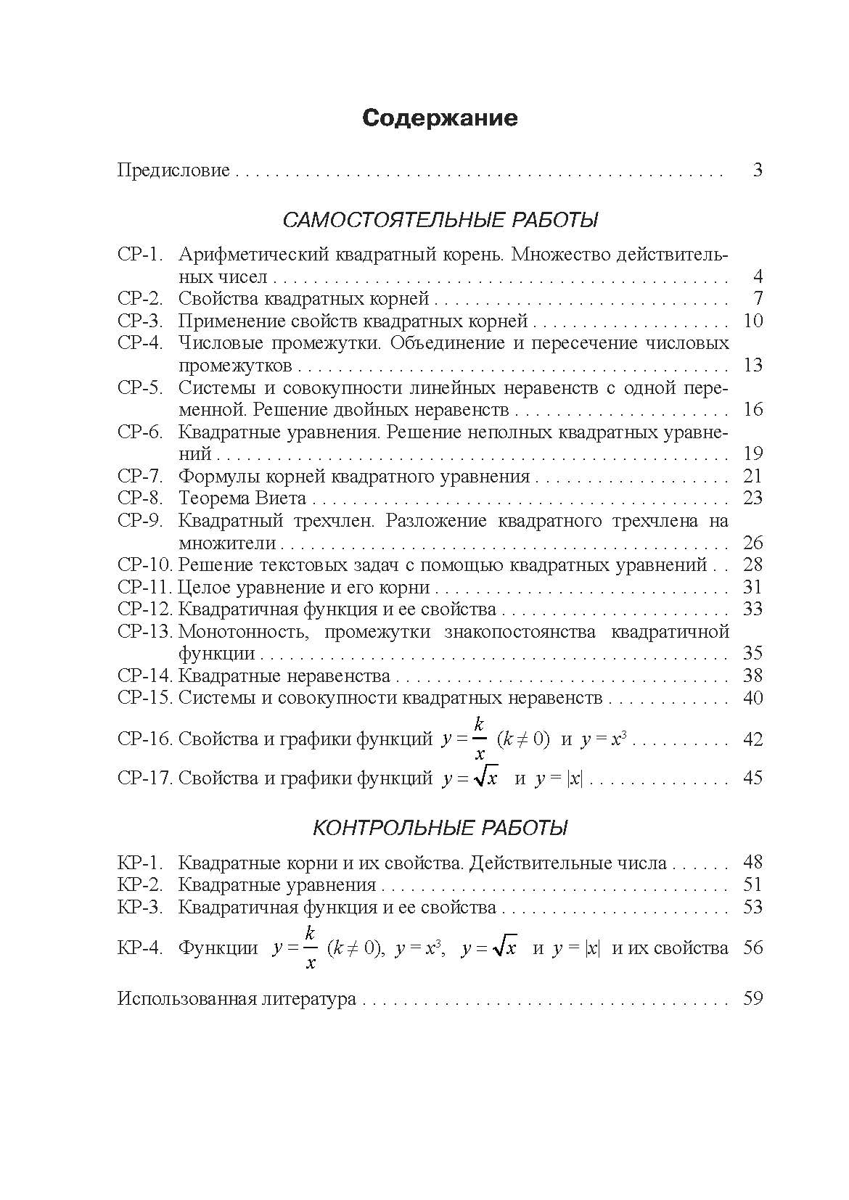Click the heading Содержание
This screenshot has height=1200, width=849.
click(440, 118)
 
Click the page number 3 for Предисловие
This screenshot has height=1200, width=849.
click(757, 171)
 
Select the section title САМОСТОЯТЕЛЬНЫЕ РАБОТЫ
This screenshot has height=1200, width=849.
click(440, 220)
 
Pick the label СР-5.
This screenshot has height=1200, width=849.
click(139, 387)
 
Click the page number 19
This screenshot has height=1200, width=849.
click(753, 454)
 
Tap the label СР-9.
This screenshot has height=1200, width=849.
click(139, 521)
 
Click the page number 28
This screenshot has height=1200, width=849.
click(753, 565)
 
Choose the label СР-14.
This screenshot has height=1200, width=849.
click(145, 676)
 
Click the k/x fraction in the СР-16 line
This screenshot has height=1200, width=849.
click(479, 739)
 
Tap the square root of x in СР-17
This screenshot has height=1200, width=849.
click(485, 778)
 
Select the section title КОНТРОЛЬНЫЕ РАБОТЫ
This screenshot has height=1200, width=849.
click(440, 828)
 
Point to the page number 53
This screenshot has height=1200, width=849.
click(753, 908)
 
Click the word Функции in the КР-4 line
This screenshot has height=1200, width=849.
click(218, 948)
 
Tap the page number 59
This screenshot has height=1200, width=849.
click(753, 999)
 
